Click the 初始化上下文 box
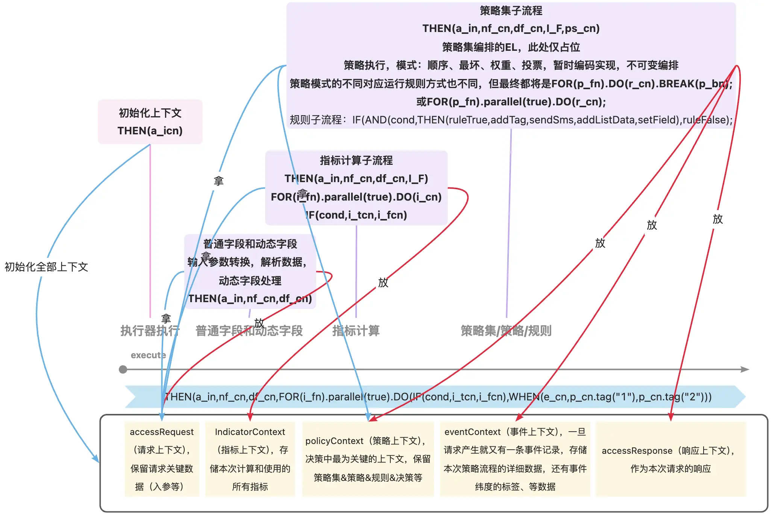pos(150,122)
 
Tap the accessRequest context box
pos(162,459)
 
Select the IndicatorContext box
pos(250,459)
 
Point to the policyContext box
pos(368,459)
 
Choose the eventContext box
pos(515,459)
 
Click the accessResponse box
pos(670,459)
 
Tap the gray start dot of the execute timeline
pos(123,370)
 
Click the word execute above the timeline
pos(148,355)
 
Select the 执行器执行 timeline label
pos(150,331)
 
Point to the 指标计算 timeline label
pos(356,331)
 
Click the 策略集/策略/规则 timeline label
pos(506,331)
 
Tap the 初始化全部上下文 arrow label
pos(46,267)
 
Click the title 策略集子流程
pos(511,11)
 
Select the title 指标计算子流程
pos(356,161)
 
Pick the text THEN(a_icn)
pos(150,131)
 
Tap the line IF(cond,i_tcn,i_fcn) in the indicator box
pos(356,215)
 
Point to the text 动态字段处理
pos(250,281)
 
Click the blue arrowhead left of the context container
pos(96,459)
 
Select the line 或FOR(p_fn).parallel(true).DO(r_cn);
pos(511,102)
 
